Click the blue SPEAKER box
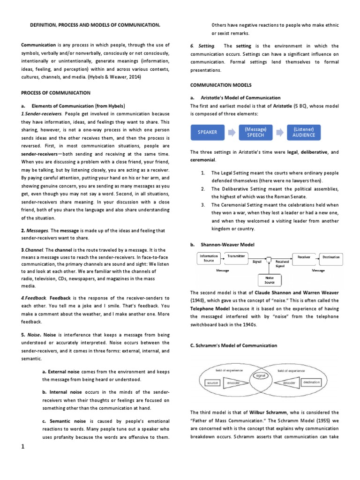[208, 132]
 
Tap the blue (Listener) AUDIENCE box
[304, 132]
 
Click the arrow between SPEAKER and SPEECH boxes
[232, 132]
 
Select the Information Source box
[209, 258]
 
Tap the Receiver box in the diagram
[304, 256]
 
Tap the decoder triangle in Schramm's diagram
[289, 383]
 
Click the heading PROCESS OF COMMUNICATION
[56, 93]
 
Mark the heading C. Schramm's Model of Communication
[233, 345]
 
